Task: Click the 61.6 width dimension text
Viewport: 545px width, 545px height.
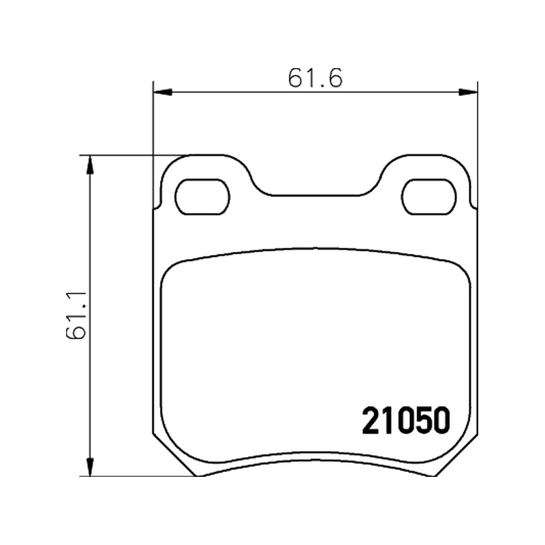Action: pos(315,78)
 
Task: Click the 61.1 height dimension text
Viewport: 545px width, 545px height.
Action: pos(76,315)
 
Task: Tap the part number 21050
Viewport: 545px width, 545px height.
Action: pos(406,421)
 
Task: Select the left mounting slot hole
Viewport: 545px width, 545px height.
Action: pos(202,197)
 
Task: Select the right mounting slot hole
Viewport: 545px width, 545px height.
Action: pos(429,197)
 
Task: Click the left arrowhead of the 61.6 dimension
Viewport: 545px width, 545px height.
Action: pos(162,92)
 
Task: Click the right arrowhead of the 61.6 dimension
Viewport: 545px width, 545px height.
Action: pos(468,92)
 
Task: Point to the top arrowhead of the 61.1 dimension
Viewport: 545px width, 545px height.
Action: pos(90,165)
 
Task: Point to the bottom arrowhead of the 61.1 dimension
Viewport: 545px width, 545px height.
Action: pos(90,467)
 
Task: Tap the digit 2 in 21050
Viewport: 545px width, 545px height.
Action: pos(371,421)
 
